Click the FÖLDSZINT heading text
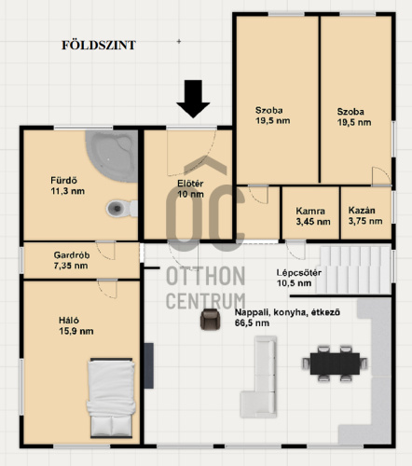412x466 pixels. [x=99, y=45]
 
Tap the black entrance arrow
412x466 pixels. [x=193, y=99]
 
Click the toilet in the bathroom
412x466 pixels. [x=122, y=208]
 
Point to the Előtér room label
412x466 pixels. [x=190, y=188]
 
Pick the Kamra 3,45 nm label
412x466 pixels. [x=313, y=216]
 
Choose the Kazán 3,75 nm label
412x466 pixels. [x=365, y=215]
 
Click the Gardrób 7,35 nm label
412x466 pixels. [x=72, y=260]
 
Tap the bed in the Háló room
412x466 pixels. [x=111, y=398]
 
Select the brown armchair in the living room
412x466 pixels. [x=211, y=319]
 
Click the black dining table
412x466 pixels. [x=335, y=363]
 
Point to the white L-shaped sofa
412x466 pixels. [x=258, y=377]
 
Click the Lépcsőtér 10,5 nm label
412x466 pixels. [x=299, y=278]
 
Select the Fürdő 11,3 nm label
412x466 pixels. [x=67, y=185]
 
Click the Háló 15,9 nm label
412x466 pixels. [x=76, y=326]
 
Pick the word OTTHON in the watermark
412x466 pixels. [x=206, y=276]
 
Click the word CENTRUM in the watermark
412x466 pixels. [x=206, y=301]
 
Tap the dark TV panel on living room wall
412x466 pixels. [x=149, y=365]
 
